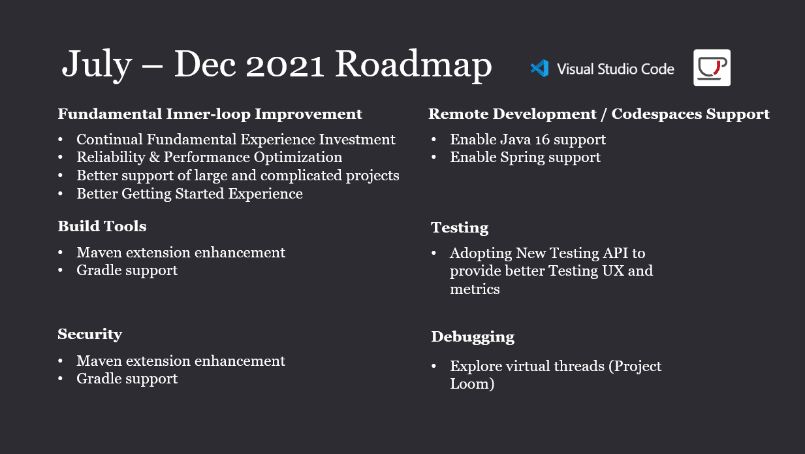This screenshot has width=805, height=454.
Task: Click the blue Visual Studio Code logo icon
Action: point(540,69)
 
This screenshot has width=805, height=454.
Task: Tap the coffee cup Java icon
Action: point(712,67)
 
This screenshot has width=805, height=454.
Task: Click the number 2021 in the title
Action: point(285,65)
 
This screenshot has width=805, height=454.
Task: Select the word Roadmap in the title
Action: point(413,64)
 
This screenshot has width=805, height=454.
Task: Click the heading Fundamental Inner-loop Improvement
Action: point(210,114)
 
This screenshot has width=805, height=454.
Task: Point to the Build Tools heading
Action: point(102,227)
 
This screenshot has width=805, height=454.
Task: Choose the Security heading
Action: point(90,334)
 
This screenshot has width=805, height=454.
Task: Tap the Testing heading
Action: point(460,228)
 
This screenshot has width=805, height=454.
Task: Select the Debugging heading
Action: point(473,337)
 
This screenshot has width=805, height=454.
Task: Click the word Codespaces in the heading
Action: point(657,114)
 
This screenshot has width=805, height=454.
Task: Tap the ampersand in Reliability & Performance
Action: point(154,157)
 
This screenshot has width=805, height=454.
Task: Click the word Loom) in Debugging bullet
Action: point(472,384)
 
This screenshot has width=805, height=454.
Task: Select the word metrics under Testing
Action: point(475,289)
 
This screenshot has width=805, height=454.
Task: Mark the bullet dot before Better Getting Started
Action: point(60,194)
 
